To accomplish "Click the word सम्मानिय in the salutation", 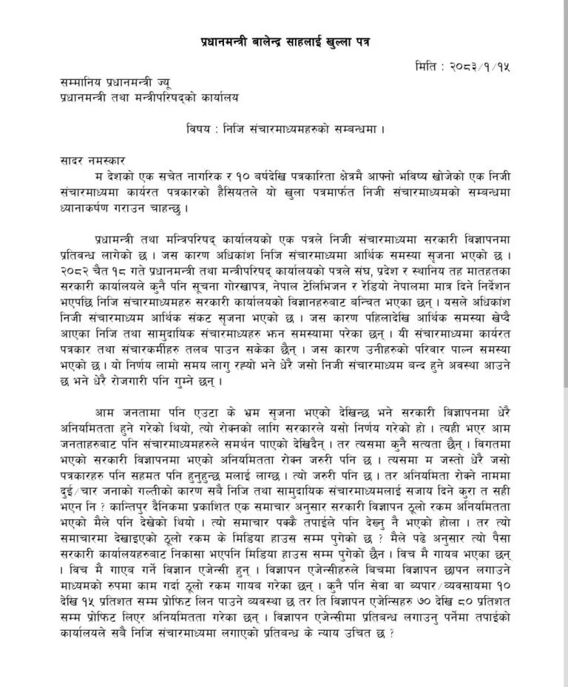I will click(x=83, y=86).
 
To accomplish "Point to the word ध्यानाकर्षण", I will click(x=87, y=207).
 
